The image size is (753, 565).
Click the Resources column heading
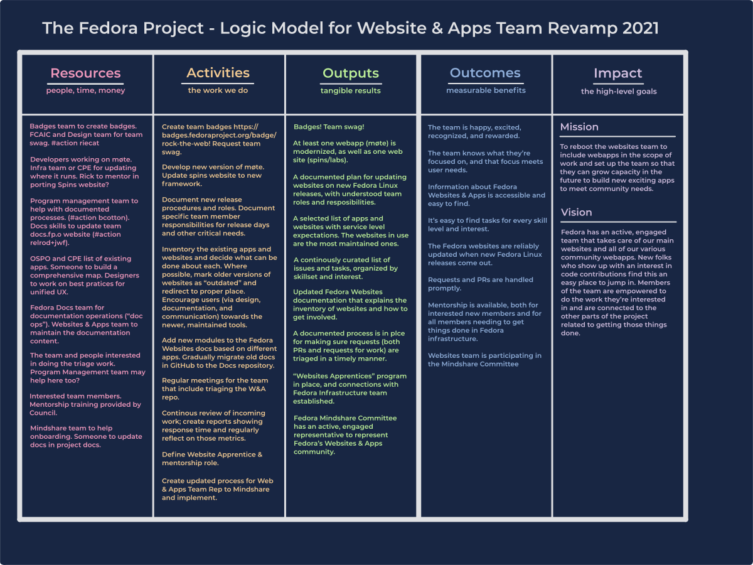tap(85, 73)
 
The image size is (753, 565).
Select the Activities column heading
tap(218, 73)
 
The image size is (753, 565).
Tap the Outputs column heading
tap(351, 73)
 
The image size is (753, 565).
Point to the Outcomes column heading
tap(485, 73)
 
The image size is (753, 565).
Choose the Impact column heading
tap(618, 73)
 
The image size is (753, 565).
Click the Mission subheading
tap(579, 127)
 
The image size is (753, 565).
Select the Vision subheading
tap(576, 212)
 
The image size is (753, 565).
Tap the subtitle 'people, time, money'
tap(85, 90)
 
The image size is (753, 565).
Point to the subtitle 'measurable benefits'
tap(486, 90)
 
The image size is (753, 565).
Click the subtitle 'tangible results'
tap(351, 91)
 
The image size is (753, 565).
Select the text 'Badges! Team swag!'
tap(329, 127)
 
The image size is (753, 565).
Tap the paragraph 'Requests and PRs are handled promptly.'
tap(480, 284)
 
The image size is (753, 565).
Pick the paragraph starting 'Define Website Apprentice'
tap(212, 459)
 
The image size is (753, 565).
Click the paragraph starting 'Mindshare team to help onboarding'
tap(86, 436)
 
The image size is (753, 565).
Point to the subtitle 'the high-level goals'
tap(619, 92)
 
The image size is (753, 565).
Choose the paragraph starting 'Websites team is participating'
tap(484, 360)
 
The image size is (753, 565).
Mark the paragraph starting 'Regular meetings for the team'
tap(215, 389)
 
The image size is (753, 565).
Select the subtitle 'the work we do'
tap(218, 90)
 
